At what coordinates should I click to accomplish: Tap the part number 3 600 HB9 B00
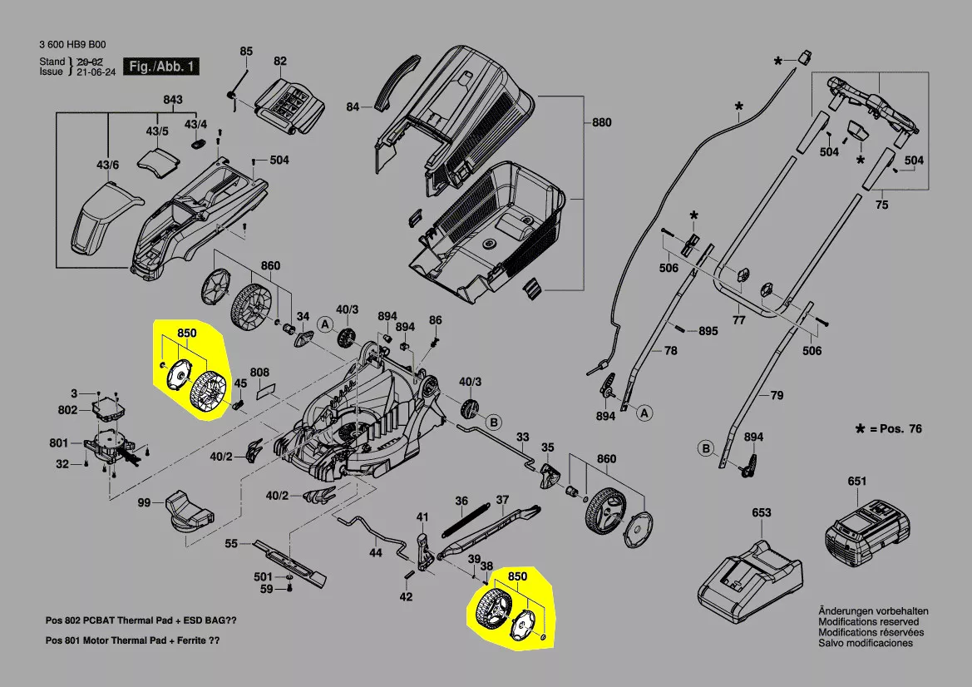[72, 46]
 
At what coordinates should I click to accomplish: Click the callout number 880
[601, 122]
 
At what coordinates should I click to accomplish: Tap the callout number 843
[172, 101]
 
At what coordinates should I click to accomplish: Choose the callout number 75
[882, 204]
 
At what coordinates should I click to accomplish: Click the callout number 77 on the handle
[738, 319]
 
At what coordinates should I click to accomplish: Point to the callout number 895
[708, 331]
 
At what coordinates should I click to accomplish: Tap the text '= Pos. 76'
[896, 428]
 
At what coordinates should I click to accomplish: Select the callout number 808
[259, 372]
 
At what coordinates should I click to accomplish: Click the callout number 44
[376, 552]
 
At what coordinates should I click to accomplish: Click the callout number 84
[353, 106]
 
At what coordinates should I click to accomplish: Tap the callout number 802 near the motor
[67, 410]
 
